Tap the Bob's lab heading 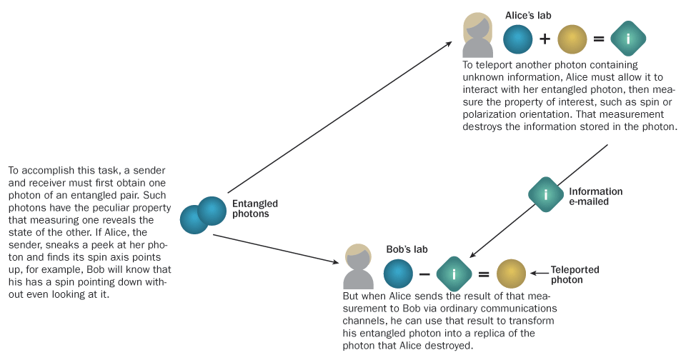point(407,249)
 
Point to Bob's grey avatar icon point(358,266)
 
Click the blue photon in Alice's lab point(518,39)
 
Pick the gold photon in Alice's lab point(572,39)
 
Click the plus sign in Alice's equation point(545,39)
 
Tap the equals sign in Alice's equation point(598,39)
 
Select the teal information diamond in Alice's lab point(628,39)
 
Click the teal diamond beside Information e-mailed point(546,194)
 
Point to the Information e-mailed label point(595,196)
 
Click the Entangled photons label point(255,209)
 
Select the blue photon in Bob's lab point(399,274)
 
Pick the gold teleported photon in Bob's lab point(511,274)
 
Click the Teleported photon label point(575,275)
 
